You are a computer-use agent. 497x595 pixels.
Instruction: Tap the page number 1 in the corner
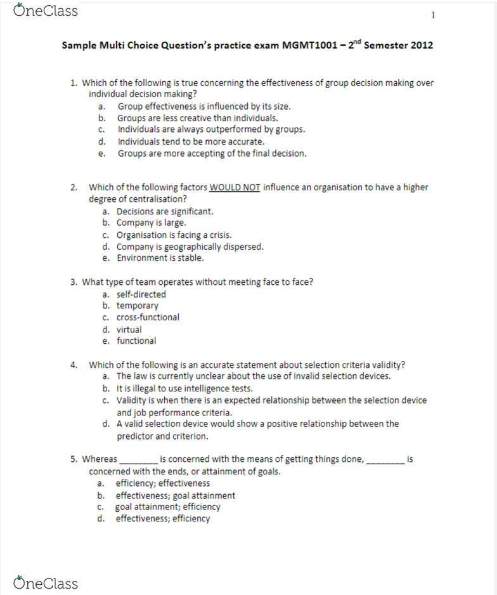pyautogui.click(x=432, y=15)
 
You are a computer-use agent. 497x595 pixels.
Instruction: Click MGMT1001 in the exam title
pyautogui.click(x=308, y=46)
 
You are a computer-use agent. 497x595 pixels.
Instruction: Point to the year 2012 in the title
pyautogui.click(x=422, y=46)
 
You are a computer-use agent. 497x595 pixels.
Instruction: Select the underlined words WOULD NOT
pyautogui.click(x=235, y=187)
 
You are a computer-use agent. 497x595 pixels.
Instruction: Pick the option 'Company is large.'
pyautogui.click(x=151, y=223)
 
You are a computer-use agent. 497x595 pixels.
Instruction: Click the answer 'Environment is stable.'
pyautogui.click(x=160, y=258)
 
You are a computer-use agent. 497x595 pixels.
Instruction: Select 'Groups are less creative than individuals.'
pyautogui.click(x=197, y=118)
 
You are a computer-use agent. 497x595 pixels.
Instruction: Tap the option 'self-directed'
pyautogui.click(x=141, y=294)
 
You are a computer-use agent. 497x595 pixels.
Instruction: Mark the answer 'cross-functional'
pyautogui.click(x=148, y=317)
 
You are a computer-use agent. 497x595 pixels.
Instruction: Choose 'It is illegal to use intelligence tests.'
pyautogui.click(x=184, y=388)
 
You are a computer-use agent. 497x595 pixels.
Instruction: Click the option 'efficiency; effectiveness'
pyautogui.click(x=162, y=483)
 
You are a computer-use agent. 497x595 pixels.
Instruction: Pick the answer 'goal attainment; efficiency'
pyautogui.click(x=167, y=507)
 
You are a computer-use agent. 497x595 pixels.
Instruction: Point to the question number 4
pyautogui.click(x=74, y=365)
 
